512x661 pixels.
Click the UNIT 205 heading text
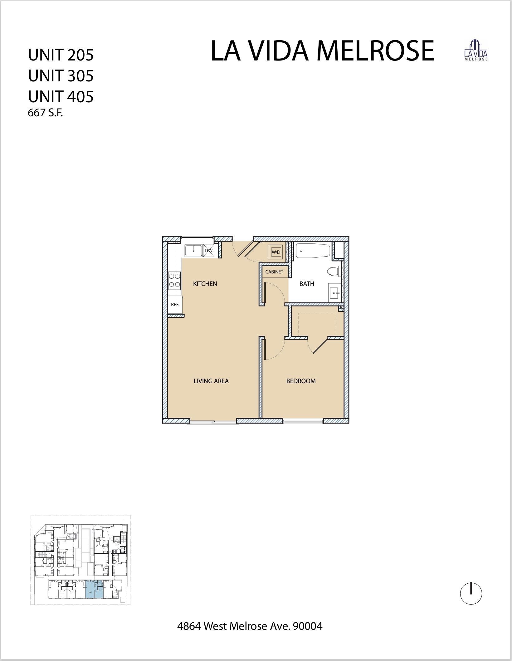(x=61, y=55)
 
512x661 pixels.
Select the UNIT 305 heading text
(x=61, y=76)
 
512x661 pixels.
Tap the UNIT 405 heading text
(x=61, y=97)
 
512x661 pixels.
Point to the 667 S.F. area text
(x=46, y=113)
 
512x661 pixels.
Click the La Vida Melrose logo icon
(x=476, y=51)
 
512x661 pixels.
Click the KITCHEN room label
(x=205, y=284)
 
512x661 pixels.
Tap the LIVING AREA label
(x=211, y=381)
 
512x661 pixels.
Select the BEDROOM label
(x=301, y=381)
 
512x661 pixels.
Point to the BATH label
(x=307, y=284)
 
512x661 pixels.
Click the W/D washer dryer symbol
(x=276, y=252)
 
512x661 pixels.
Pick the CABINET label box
(x=274, y=272)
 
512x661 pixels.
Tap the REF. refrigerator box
(x=175, y=305)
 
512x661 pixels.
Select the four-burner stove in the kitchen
(x=175, y=280)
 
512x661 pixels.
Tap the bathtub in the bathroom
(x=313, y=250)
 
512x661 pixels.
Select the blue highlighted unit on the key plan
(x=94, y=589)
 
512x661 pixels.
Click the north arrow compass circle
(x=471, y=594)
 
